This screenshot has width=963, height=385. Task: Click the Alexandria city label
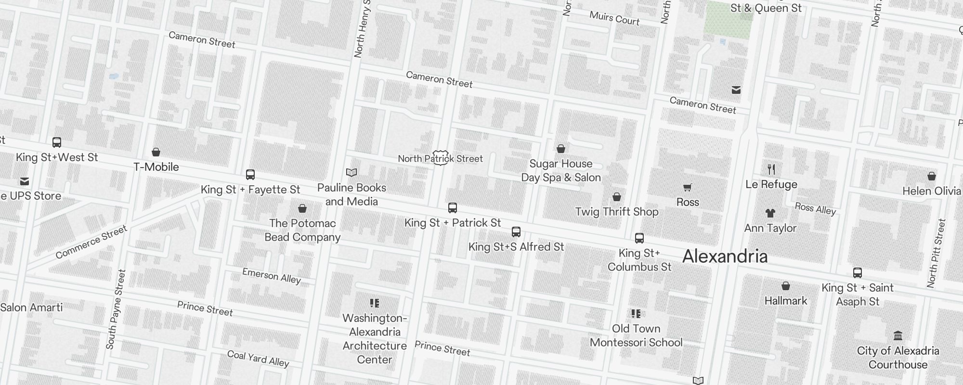tap(725, 257)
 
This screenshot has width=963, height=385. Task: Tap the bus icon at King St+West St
tap(57, 142)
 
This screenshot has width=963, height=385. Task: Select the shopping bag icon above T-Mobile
tap(156, 152)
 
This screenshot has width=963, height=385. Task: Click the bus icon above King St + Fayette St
tap(250, 175)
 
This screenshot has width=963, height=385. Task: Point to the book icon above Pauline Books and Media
tap(352, 172)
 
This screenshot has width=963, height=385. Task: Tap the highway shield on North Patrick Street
tap(441, 158)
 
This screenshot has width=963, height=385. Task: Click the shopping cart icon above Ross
tap(688, 187)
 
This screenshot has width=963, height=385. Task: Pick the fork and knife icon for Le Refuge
tap(771, 169)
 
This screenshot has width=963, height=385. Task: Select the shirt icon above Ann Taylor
tap(770, 213)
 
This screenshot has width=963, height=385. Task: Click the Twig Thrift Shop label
tap(616, 212)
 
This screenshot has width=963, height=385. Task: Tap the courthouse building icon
tap(898, 335)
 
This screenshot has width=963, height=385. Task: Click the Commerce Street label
tap(91, 242)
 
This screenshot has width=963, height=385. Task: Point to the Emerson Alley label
tap(271, 276)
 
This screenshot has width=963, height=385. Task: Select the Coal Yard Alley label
tap(258, 359)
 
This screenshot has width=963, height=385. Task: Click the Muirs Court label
tap(614, 18)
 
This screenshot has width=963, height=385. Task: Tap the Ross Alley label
tap(815, 208)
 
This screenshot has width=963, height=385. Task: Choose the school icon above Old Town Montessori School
tap(636, 314)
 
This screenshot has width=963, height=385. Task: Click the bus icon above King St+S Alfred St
tap(516, 232)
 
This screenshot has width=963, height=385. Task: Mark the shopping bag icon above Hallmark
tap(786, 286)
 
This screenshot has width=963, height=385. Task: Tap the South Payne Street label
tap(116, 309)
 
